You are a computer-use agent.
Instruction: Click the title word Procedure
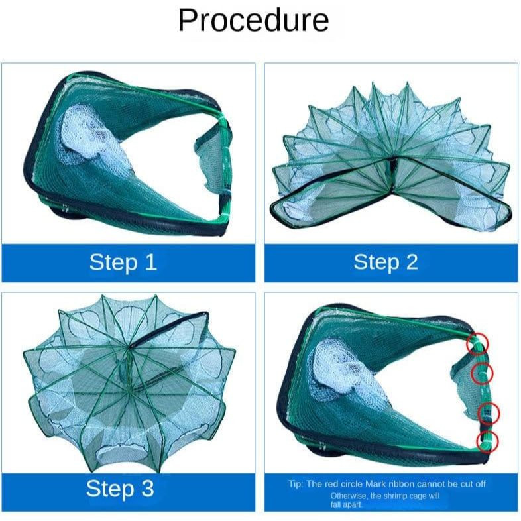pyautogui.click(x=253, y=21)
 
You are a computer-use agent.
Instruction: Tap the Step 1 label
pyautogui.click(x=123, y=262)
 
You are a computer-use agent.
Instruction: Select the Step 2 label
pyautogui.click(x=385, y=262)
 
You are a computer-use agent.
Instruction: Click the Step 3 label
pyautogui.click(x=120, y=489)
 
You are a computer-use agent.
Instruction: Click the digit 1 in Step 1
pyautogui.click(x=151, y=262)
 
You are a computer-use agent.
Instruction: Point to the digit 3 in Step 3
pyautogui.click(x=148, y=489)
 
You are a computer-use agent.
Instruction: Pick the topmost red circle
pyautogui.click(x=477, y=343)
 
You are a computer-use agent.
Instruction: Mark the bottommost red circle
pyautogui.click(x=487, y=441)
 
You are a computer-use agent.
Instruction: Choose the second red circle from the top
pyautogui.click(x=482, y=373)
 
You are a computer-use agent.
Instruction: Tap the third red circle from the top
pyautogui.click(x=489, y=413)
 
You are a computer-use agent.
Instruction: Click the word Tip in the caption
pyautogui.click(x=296, y=484)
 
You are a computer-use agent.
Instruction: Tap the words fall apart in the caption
pyautogui.click(x=345, y=504)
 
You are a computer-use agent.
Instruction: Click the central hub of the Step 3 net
pyautogui.click(x=129, y=347)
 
